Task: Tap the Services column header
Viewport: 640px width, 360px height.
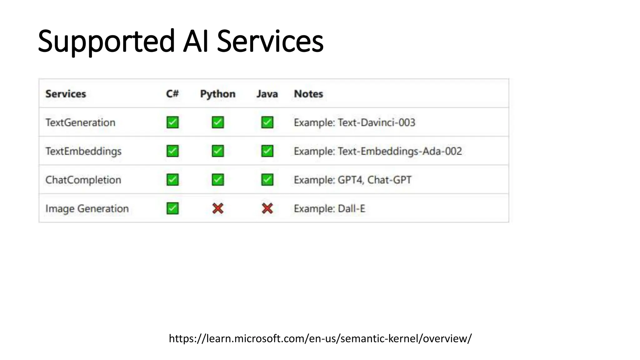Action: [x=66, y=94]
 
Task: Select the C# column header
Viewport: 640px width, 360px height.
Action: [x=172, y=94]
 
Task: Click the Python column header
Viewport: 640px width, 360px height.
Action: [x=217, y=94]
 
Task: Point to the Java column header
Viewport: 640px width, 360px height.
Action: [x=267, y=94]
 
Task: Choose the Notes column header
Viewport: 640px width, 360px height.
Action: [x=308, y=94]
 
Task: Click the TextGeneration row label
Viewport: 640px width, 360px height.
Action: [x=80, y=122]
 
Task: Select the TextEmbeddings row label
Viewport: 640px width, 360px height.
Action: [x=83, y=151]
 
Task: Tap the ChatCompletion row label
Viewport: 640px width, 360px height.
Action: [x=83, y=180]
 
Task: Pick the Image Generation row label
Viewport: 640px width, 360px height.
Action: [x=87, y=208]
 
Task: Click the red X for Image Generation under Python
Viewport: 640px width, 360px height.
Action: [x=218, y=208]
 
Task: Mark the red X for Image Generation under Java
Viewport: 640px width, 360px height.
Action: [x=267, y=208]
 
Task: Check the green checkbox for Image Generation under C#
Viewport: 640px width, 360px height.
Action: [x=172, y=208]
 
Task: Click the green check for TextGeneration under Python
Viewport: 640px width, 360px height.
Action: [x=218, y=122]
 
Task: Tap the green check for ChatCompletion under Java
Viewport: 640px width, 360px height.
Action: [x=267, y=180]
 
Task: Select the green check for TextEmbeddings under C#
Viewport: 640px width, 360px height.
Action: [x=172, y=151]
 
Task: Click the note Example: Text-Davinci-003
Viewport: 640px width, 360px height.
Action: [x=354, y=122]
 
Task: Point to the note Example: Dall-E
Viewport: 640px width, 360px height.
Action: [x=329, y=208]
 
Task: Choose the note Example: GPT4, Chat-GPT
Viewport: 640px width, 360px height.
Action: [x=352, y=180]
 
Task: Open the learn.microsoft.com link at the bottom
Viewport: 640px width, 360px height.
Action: [x=320, y=338]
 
